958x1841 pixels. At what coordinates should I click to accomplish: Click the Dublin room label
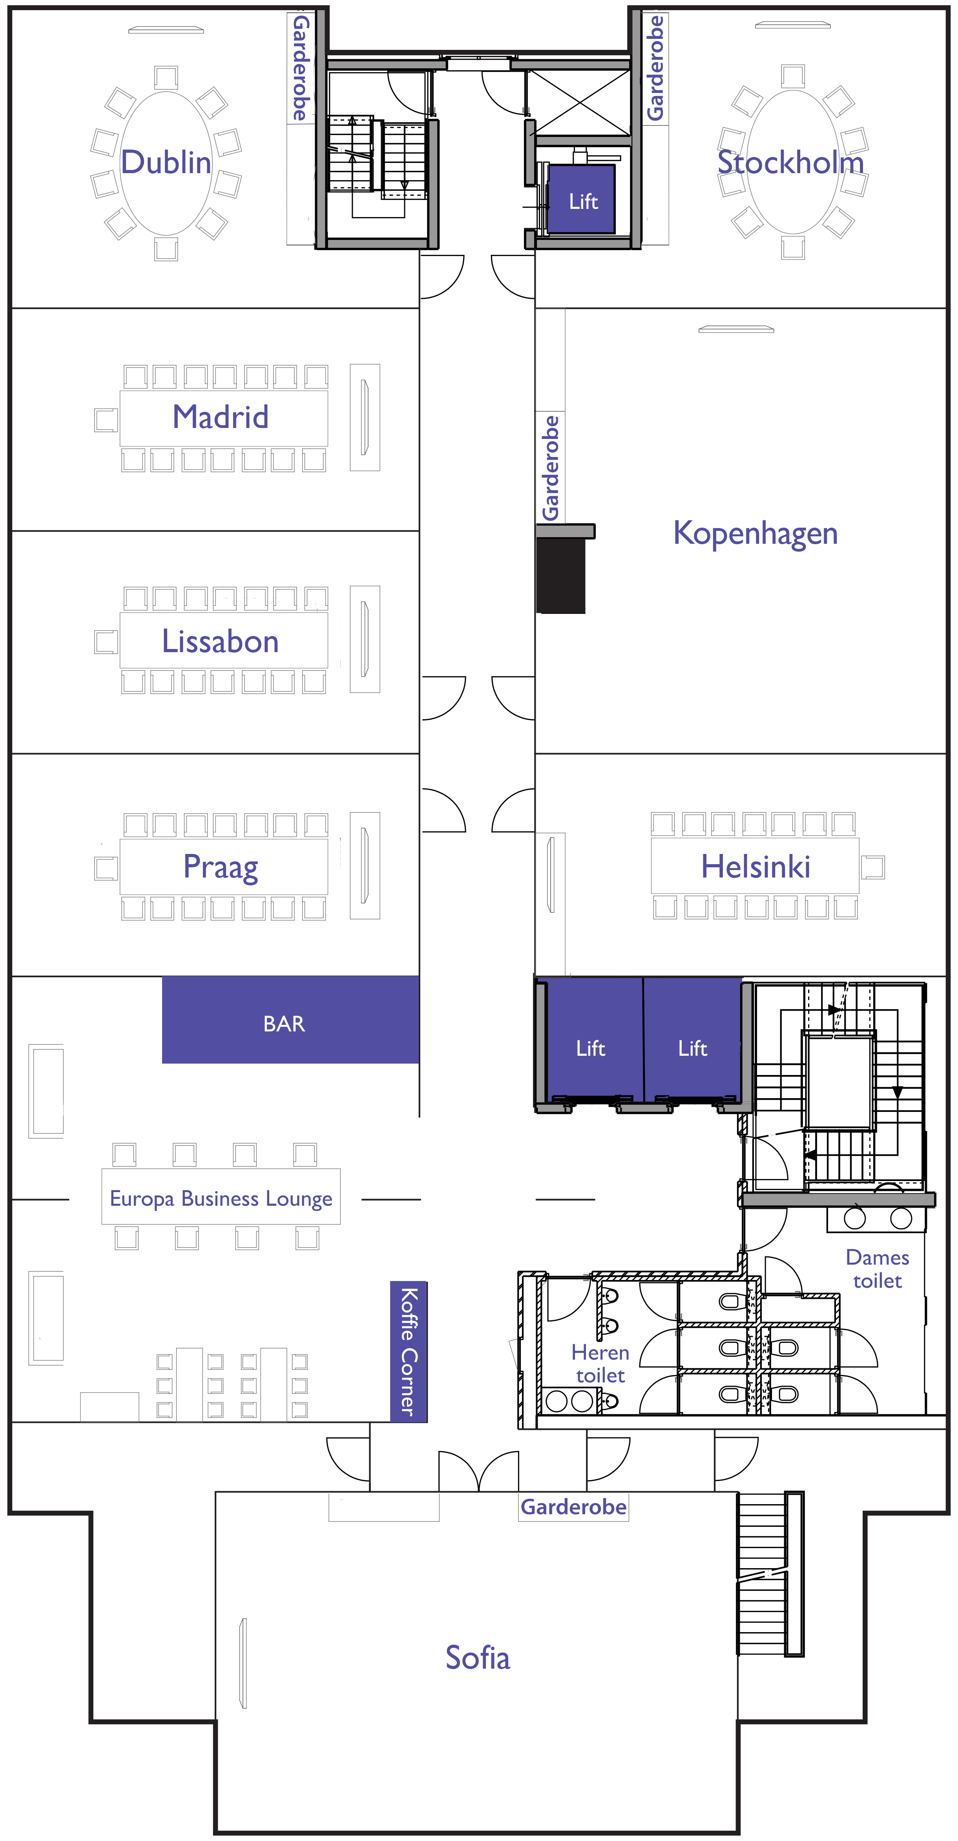pos(166,162)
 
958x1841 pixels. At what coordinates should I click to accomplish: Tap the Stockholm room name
pos(791,162)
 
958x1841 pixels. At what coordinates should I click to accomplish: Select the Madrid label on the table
pos(221,417)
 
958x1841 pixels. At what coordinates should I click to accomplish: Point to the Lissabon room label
pos(220,641)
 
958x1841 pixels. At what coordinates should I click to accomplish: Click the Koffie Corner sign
pos(409,1351)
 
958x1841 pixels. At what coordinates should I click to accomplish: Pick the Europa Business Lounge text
pos(221,1199)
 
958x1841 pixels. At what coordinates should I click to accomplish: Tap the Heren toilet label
pos(600,1364)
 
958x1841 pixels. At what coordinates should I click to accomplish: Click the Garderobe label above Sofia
pos(574,1506)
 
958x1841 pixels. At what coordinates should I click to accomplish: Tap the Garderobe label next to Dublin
pos(301,68)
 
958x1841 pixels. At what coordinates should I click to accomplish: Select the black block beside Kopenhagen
pos(561,574)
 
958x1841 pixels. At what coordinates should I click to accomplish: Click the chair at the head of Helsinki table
pos(872,867)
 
